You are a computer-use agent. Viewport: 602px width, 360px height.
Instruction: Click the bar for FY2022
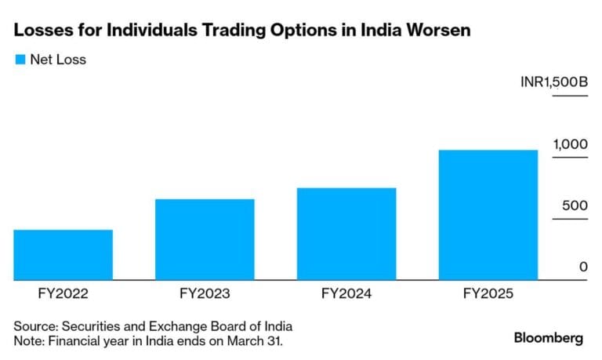coord(63,254)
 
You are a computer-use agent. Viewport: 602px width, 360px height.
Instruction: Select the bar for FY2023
coord(205,239)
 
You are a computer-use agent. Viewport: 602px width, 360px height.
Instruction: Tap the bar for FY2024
coord(346,234)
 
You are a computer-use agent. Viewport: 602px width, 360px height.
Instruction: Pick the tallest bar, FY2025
coord(488,214)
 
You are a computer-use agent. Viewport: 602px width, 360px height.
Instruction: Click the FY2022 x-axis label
coord(63,295)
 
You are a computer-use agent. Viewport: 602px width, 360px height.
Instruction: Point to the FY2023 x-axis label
coord(205,295)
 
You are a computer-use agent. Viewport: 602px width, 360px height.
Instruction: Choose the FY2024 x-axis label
coord(346,295)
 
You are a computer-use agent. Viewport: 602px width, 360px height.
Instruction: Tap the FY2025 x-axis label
coord(488,295)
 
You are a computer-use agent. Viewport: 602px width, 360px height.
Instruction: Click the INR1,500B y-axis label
coord(553,82)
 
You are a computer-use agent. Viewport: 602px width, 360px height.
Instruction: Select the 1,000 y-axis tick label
coord(571,144)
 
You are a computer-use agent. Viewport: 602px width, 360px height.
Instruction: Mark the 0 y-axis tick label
coord(583,267)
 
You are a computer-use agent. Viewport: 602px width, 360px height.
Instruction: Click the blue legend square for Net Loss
coord(20,60)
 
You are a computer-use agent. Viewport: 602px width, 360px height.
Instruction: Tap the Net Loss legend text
coord(58,60)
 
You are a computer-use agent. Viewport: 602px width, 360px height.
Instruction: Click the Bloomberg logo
coord(549,338)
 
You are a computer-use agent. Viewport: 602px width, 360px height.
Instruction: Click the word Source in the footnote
coord(34,325)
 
